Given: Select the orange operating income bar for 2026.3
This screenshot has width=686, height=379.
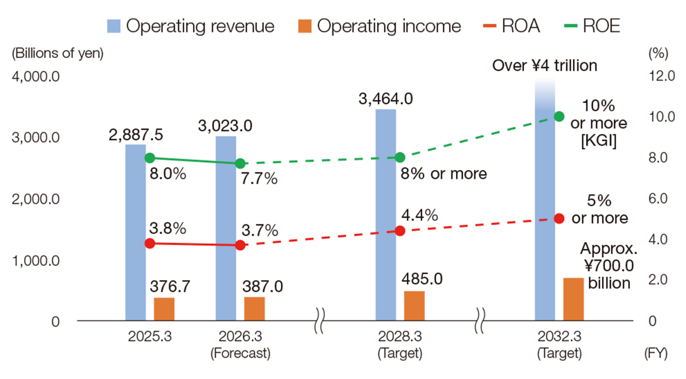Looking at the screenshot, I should (254, 309).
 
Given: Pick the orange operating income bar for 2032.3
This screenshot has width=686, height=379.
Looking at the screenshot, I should (573, 299).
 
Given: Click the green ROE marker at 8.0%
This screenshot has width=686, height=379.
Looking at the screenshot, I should (150, 158).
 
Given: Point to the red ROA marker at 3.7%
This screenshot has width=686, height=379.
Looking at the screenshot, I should (240, 245).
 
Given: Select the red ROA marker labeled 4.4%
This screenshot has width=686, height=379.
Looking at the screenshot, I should (399, 230).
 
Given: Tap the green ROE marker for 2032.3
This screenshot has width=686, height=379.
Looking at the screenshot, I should (559, 116).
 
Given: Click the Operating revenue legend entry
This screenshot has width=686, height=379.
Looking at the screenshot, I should (191, 26).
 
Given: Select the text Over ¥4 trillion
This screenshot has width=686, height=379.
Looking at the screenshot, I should (545, 66).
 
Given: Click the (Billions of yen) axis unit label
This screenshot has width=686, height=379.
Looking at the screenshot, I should (57, 53).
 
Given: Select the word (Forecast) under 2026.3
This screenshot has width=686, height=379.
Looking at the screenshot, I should (240, 354).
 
